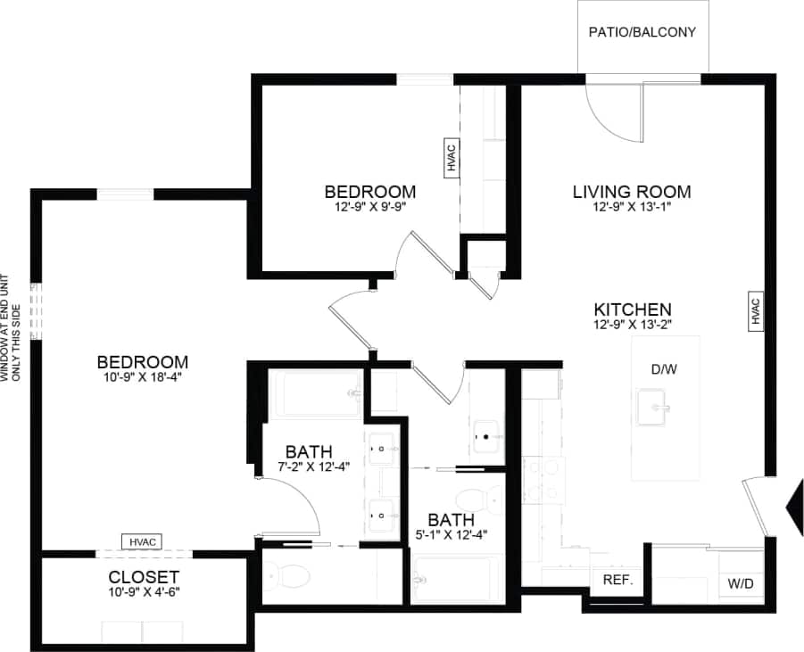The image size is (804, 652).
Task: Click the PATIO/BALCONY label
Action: coord(642,32)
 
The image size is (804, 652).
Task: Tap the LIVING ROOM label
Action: coord(632,191)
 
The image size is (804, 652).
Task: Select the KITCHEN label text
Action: coord(633,309)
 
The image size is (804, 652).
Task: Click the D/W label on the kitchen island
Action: coord(663,369)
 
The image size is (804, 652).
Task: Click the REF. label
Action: coord(618,580)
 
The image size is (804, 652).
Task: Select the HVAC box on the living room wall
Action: coord(754,310)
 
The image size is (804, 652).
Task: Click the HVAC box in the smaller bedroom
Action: coord(452,158)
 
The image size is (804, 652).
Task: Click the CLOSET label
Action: coord(144,577)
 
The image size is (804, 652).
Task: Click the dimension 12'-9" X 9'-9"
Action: coord(369,207)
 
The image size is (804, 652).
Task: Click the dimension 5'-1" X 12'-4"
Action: coord(451,535)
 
